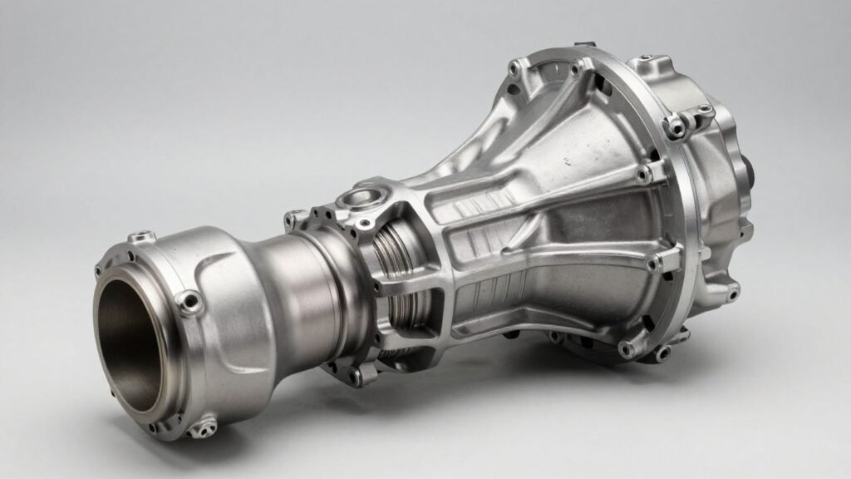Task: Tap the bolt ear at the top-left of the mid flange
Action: [x=294, y=219]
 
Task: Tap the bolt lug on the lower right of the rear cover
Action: [x=731, y=290]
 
